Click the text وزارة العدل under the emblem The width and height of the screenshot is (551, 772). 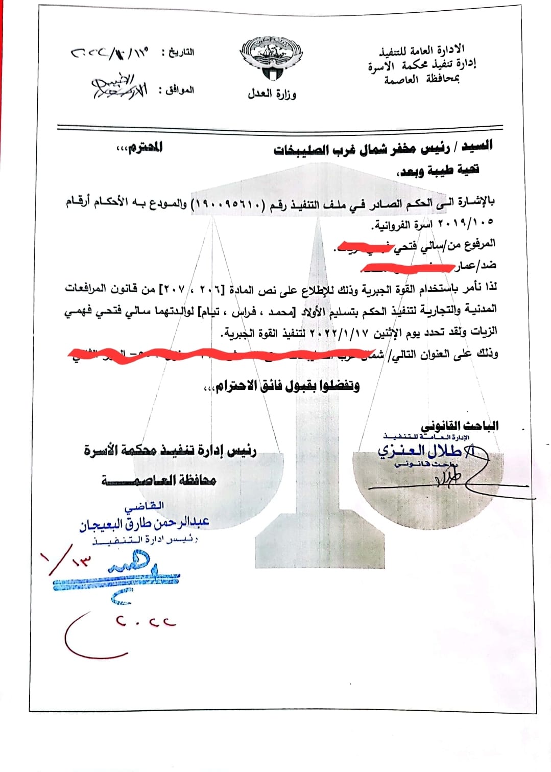click(x=272, y=94)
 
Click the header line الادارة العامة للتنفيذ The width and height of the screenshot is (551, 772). click(x=422, y=50)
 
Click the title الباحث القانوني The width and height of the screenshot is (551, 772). click(x=460, y=426)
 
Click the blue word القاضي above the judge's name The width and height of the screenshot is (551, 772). click(x=144, y=507)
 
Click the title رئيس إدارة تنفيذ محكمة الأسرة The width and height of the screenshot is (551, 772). click(x=170, y=450)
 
